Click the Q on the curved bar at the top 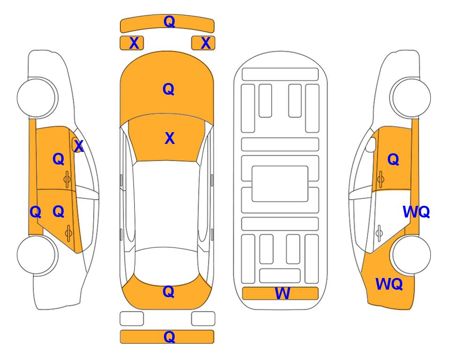169,22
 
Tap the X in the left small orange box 134,43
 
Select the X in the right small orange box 206,43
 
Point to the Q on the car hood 168,89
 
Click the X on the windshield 170,138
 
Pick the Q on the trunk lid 168,292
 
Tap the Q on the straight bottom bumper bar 169,337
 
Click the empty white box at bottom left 132,319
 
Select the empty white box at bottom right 203,319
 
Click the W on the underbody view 282,293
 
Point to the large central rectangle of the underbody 280,184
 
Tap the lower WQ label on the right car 389,284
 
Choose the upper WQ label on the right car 416,212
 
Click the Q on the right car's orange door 393,159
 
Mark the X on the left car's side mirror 79,146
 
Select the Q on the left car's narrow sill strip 36,212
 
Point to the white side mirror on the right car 371,144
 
